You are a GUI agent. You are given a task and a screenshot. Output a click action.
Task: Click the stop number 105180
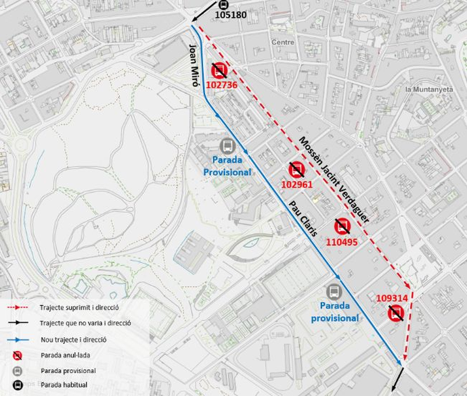point(231,14)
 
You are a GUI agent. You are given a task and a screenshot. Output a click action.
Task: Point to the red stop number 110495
point(342,241)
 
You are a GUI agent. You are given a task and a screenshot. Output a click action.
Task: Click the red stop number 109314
point(393,297)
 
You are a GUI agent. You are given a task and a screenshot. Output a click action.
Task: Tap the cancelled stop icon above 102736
point(219,70)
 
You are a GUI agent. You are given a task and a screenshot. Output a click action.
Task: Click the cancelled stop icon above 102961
point(296,169)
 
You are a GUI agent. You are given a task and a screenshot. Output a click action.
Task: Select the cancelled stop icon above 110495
point(342,226)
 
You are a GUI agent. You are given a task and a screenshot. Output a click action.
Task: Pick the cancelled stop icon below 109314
point(397,313)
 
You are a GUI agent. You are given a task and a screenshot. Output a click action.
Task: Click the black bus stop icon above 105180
point(224,4)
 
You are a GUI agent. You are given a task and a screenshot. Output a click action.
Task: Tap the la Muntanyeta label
point(428,89)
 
